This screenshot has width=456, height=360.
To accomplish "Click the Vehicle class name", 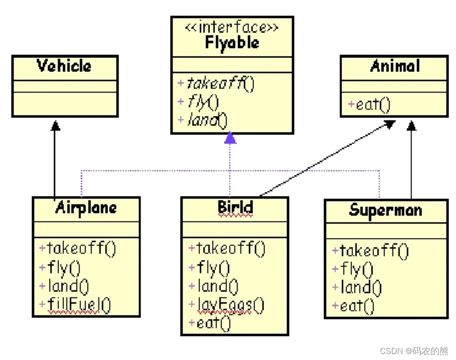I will tap(64, 66).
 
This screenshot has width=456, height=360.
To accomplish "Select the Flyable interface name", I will tap(232, 43).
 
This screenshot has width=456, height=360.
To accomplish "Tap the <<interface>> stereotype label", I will tap(232, 27).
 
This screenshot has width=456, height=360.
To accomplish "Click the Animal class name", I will tap(395, 66).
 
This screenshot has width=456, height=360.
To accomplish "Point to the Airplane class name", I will tap(86, 207).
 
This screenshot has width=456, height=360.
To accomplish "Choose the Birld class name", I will tap(235, 207).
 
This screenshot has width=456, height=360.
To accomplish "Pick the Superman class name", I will tap(385, 210).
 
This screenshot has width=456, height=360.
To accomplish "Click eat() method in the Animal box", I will tap(370, 105).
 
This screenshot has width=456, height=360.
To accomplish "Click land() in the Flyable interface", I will tap(203, 119).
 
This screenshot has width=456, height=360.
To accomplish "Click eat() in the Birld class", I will tap(210, 323).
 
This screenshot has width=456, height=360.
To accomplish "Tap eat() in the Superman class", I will tap(353, 306).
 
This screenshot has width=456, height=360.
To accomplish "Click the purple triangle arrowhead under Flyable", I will tap(230, 137).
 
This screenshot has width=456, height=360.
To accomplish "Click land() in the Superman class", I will tap(357, 287).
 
